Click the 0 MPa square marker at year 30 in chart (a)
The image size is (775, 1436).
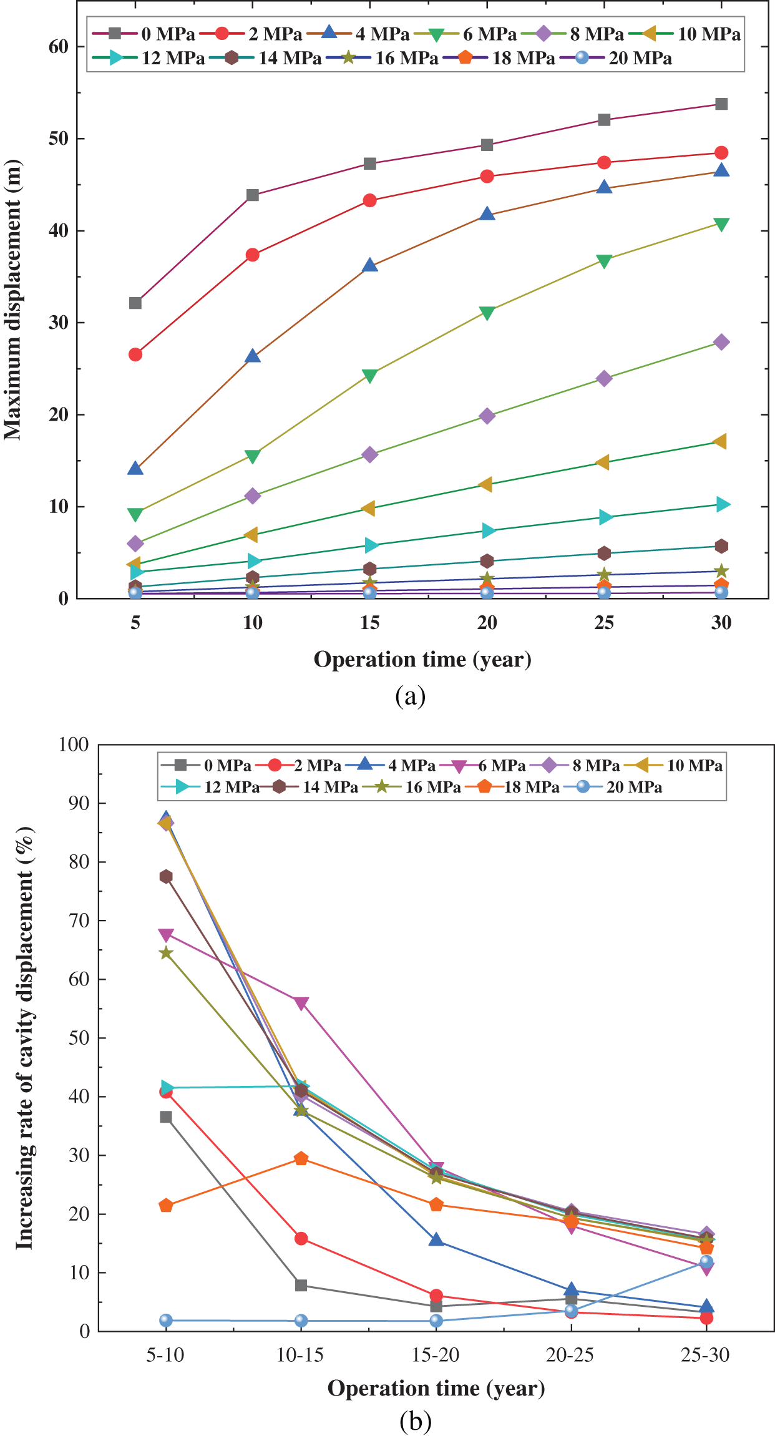(721, 104)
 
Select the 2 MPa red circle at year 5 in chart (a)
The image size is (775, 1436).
(135, 354)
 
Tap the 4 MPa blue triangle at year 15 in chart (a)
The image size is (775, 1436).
(370, 266)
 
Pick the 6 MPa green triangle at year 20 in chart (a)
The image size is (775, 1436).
(487, 313)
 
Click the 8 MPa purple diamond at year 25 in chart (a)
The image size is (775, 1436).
(604, 378)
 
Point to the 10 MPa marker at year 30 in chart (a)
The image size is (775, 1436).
(720, 442)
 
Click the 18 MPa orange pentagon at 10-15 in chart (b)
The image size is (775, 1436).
(301, 1159)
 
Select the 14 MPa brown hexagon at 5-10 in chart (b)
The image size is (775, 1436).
(166, 877)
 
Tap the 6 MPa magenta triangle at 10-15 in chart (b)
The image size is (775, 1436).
(301, 1004)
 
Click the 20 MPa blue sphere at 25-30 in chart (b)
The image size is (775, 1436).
(706, 1262)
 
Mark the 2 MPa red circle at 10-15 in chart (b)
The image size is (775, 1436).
(301, 1239)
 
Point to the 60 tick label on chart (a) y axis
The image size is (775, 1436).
(59, 47)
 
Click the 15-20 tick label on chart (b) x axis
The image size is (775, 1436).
(436, 1355)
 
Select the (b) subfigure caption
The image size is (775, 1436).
(415, 1421)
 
